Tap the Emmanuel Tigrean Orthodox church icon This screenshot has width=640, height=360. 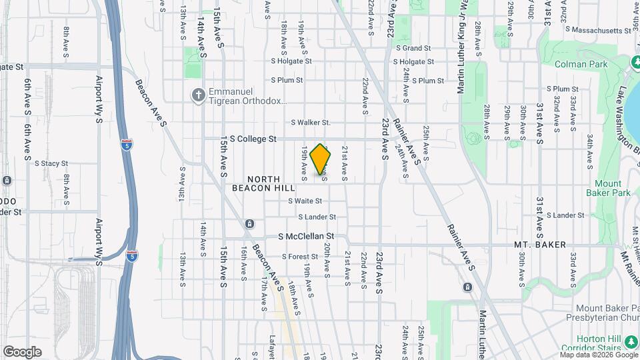[197, 95]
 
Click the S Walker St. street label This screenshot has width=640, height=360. [311, 123]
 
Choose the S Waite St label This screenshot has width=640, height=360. [305, 201]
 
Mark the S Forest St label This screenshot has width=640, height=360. [300, 257]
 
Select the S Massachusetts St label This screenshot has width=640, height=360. [598, 29]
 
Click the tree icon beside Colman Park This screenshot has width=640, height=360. [636, 62]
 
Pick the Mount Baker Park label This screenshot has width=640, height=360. [608, 188]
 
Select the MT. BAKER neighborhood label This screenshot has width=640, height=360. [540, 245]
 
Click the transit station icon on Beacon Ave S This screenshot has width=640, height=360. [249, 223]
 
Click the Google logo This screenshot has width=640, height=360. [22, 351]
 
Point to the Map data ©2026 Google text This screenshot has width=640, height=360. [597, 355]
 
